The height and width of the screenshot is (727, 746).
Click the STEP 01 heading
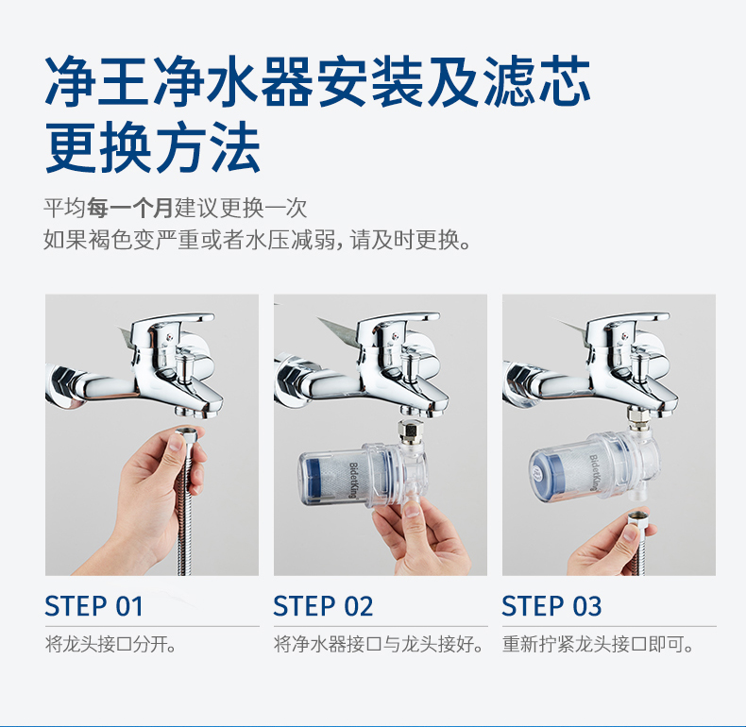click(93, 606)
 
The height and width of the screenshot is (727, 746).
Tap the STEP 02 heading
click(323, 606)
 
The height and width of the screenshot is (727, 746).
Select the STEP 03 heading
click(551, 606)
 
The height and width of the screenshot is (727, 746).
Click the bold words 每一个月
click(130, 208)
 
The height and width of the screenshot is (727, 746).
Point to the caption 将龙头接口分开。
click(110, 645)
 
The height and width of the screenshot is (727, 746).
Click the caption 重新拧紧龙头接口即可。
click(598, 645)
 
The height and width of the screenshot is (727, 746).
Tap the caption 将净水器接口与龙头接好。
click(380, 645)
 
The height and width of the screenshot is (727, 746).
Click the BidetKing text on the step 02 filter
click(353, 480)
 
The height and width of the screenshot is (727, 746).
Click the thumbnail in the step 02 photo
click(411, 511)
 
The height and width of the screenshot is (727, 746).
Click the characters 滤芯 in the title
click(537, 82)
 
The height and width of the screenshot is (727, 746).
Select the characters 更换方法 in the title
click(153, 146)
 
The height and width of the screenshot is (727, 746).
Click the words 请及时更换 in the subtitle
click(405, 239)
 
